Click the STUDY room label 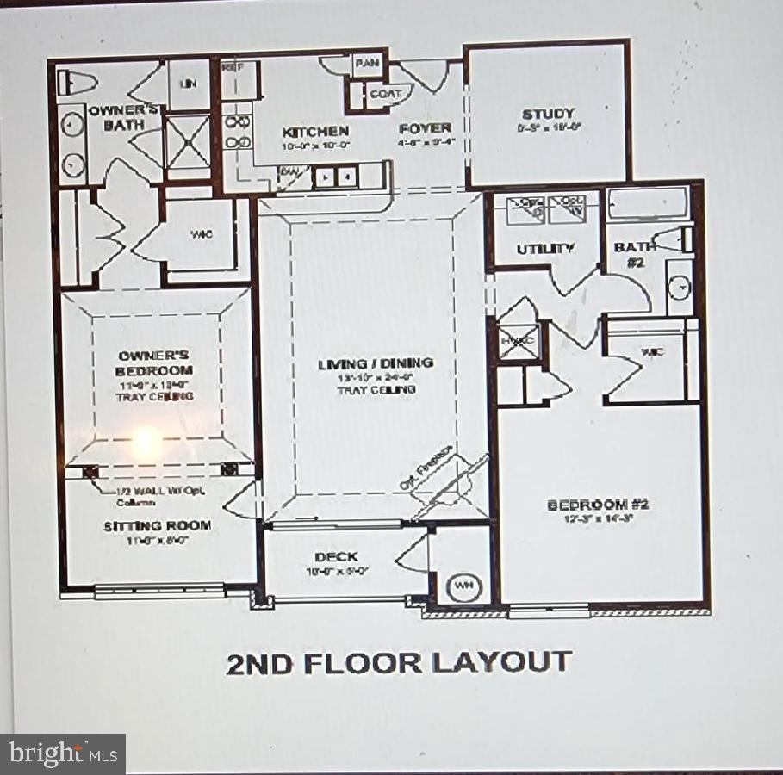(548, 114)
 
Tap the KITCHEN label (316, 132)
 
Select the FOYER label (426, 128)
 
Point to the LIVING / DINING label (375, 363)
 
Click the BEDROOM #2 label (599, 505)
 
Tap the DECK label (336, 557)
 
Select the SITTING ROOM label (158, 525)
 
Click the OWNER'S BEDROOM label (155, 363)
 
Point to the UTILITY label (545, 249)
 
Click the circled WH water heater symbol (464, 587)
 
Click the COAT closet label (385, 95)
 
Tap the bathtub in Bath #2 (648, 204)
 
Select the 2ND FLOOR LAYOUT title (398, 663)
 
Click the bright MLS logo (62, 754)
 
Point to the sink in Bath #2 (680, 286)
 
